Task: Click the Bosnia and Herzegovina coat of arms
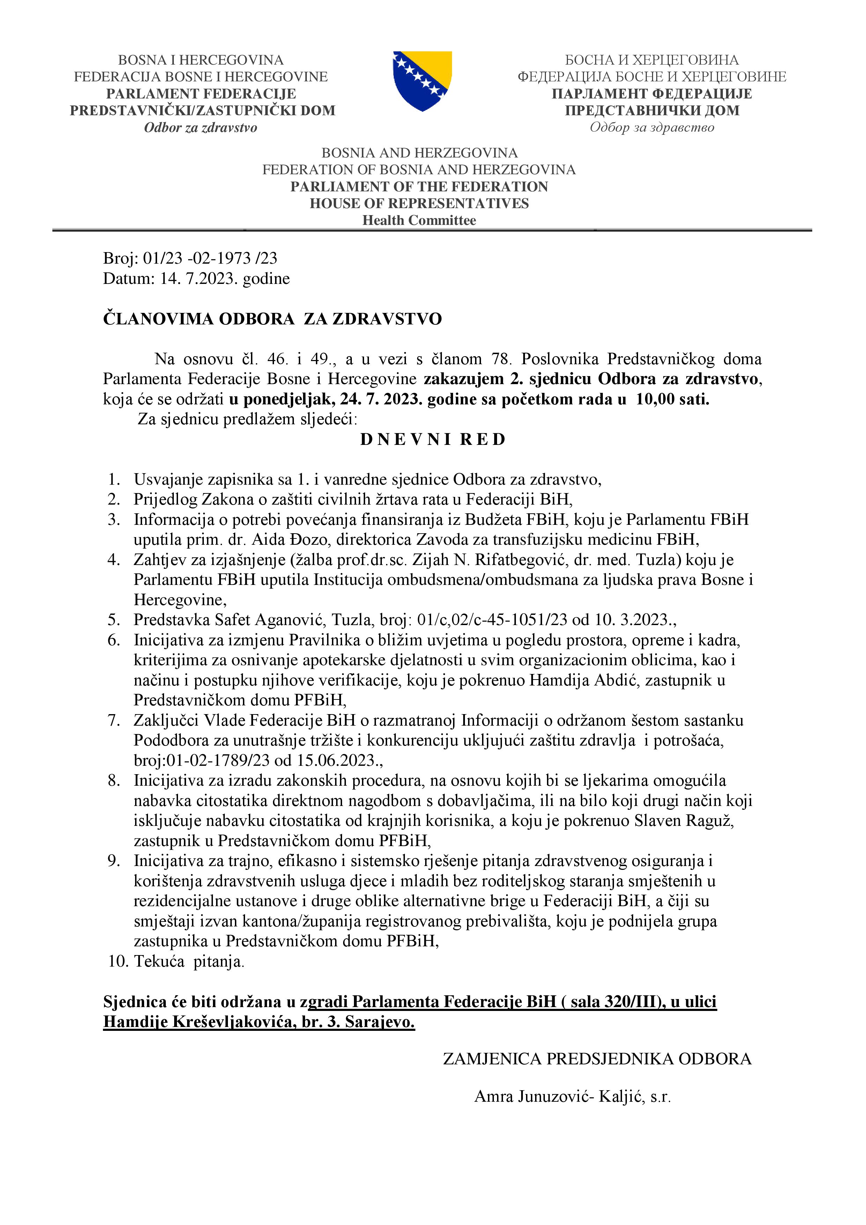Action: pos(422,81)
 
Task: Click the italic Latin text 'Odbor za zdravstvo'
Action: pos(200,127)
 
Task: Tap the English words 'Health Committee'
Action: pos(419,220)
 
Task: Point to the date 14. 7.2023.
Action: pos(198,279)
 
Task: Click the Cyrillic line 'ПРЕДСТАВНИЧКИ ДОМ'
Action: pos(652,110)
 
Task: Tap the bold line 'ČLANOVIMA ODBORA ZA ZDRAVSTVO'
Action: pos(272,319)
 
